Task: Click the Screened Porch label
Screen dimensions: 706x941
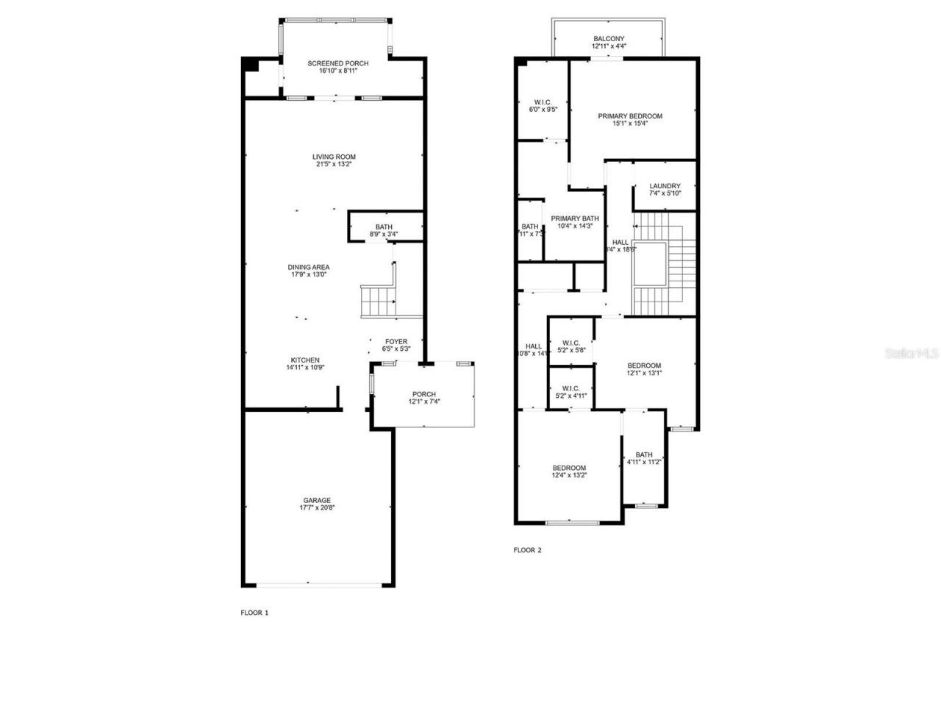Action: pyautogui.click(x=337, y=63)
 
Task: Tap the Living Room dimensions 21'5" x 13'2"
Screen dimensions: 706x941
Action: pyautogui.click(x=334, y=164)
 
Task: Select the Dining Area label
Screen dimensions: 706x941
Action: pyautogui.click(x=309, y=267)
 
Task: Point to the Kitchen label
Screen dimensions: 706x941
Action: pyautogui.click(x=304, y=360)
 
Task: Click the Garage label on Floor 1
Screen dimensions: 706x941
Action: pyautogui.click(x=315, y=500)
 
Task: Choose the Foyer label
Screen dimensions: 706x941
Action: pyautogui.click(x=396, y=341)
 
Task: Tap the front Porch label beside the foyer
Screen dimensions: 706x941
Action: pyautogui.click(x=423, y=394)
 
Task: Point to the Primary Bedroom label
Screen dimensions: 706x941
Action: pyautogui.click(x=630, y=116)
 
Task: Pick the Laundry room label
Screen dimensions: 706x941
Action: pyautogui.click(x=665, y=186)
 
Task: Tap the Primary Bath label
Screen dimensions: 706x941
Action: pyautogui.click(x=575, y=218)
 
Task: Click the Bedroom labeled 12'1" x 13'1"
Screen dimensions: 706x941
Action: pyautogui.click(x=643, y=366)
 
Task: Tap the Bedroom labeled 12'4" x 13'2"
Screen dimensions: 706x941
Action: pyautogui.click(x=569, y=468)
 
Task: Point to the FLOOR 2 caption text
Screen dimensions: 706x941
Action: pyautogui.click(x=527, y=549)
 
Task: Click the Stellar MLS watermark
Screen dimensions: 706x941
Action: pyautogui.click(x=912, y=353)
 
